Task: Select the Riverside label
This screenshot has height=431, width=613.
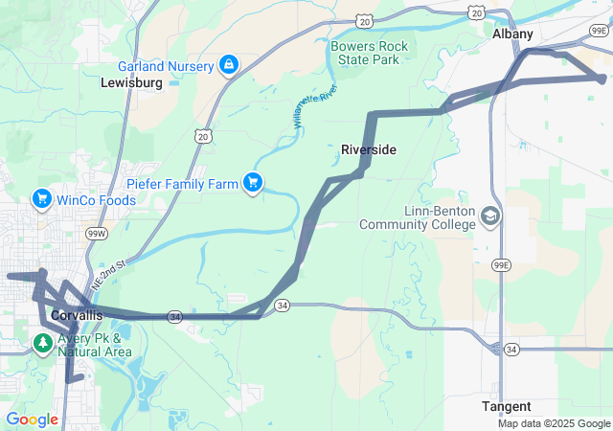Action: (369, 150)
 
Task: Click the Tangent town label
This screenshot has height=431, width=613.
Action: (507, 406)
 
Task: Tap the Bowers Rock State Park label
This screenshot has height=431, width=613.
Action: (369, 53)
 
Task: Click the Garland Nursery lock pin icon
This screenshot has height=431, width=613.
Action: (229, 65)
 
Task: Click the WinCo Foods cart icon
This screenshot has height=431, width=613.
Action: (41, 199)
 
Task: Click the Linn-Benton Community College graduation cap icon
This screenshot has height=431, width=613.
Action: (491, 215)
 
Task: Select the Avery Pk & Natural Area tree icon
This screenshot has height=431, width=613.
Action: (43, 343)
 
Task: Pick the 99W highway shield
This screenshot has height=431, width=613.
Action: (96, 233)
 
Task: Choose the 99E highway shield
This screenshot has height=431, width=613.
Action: (500, 264)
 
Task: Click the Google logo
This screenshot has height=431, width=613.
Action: (32, 419)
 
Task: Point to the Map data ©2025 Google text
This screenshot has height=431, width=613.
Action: (553, 423)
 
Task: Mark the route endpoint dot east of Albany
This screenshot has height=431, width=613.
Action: (602, 79)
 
